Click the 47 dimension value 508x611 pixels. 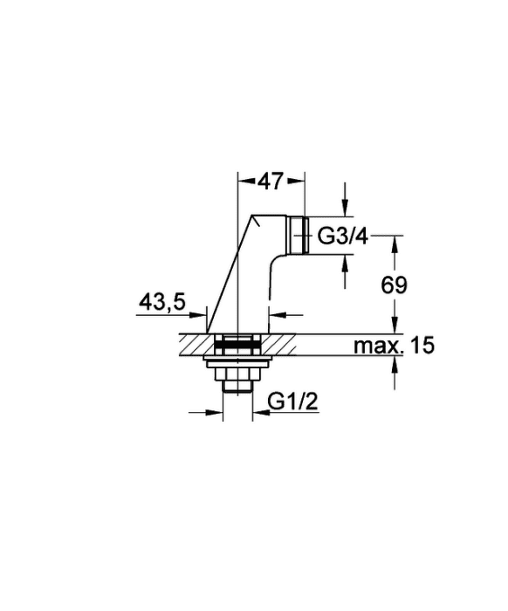[x=271, y=181]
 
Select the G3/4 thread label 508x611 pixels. [x=343, y=237]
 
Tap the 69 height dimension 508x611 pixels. [x=394, y=285]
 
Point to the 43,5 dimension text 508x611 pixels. [x=162, y=302]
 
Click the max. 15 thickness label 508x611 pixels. [x=394, y=346]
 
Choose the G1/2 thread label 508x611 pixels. [x=293, y=402]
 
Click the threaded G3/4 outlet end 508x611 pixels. [x=299, y=236]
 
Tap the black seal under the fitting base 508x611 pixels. [x=237, y=345]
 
